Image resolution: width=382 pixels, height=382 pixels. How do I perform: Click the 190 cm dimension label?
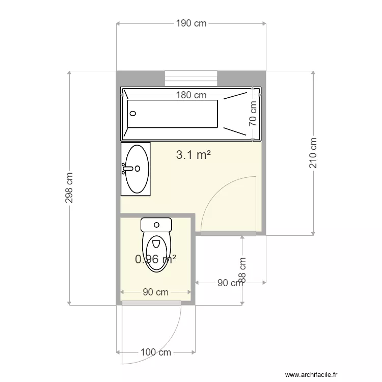[x=191, y=23]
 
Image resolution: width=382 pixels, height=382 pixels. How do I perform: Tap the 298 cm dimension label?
[x=69, y=187]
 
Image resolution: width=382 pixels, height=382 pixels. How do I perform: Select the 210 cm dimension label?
[x=313, y=153]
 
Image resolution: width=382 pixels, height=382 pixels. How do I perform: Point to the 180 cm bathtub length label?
[x=191, y=95]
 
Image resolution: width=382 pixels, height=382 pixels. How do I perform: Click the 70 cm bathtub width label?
[x=253, y=114]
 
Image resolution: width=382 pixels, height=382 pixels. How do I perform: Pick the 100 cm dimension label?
[x=156, y=352]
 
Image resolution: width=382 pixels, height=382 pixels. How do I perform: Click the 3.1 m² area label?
[x=194, y=155]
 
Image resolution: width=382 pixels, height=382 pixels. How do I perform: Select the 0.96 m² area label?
[x=156, y=259]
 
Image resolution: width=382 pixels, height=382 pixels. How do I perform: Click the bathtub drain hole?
[x=133, y=113]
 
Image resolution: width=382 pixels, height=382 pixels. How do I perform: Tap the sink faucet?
[x=128, y=169]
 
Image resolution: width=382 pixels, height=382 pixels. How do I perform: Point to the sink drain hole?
[x=138, y=169]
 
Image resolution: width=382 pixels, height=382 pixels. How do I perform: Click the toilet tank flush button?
[x=156, y=225]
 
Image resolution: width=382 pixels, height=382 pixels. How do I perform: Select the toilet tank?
[x=156, y=225]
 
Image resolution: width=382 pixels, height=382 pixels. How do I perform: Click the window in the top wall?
[x=191, y=78]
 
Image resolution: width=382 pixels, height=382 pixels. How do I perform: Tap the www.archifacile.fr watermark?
[x=311, y=374]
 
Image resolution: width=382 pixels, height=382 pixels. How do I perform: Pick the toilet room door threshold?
[x=151, y=303]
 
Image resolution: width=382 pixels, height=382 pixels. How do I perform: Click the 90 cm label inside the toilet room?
[x=156, y=292]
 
